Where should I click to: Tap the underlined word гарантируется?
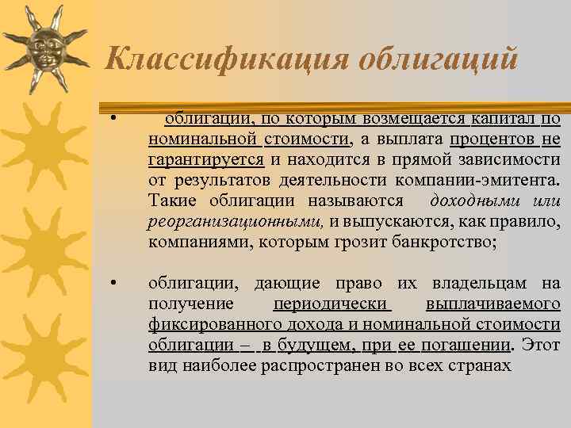pyautogui.click(x=205, y=160)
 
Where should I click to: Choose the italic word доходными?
pyautogui.click(x=466, y=201)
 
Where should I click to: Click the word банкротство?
pyautogui.click(x=441, y=243)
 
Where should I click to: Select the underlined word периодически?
pyautogui.click(x=331, y=304)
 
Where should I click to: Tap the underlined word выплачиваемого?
pyautogui.click(x=492, y=304)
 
